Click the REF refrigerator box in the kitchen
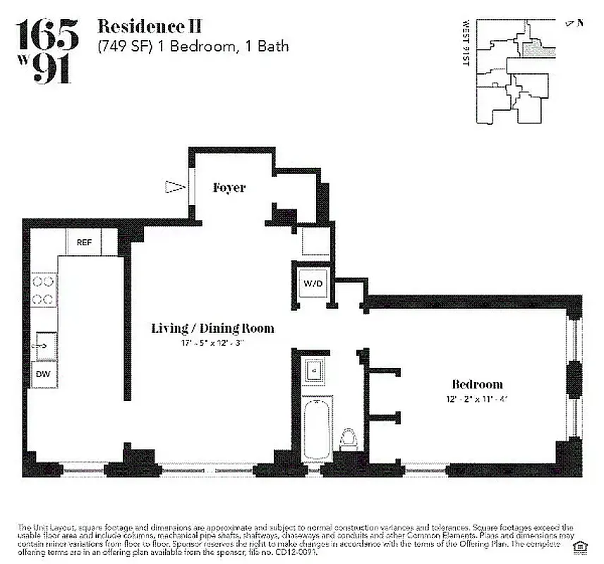84,242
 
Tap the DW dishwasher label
43,375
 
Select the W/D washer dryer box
313,283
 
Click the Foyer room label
229,188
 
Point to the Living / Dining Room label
212,329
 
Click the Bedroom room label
478,384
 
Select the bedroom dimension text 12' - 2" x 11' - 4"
478,398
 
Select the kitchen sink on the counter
44,344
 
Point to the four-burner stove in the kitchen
44,290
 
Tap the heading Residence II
149,27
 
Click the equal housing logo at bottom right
582,545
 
